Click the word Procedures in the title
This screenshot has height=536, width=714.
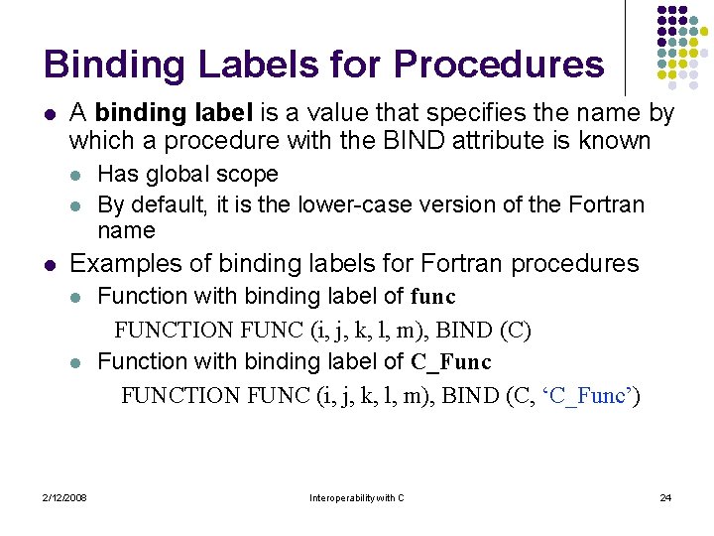tap(498, 65)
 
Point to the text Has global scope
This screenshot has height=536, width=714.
tap(187, 175)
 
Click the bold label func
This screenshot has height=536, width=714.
tap(433, 296)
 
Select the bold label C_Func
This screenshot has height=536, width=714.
tap(451, 361)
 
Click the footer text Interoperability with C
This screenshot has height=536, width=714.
tap(356, 497)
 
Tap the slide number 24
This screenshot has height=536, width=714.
tap(665, 497)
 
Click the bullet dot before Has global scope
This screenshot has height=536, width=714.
tap(76, 176)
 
